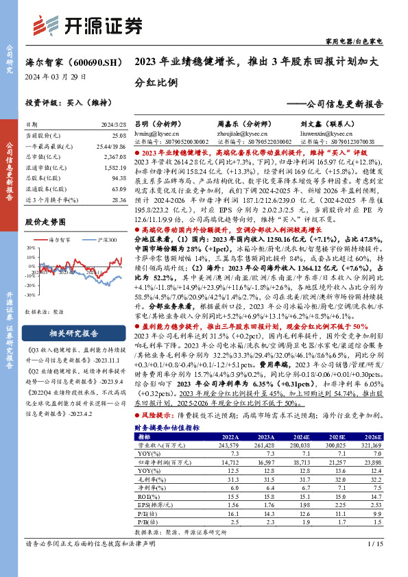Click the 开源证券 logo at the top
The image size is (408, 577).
pyautogui.click(x=93, y=26)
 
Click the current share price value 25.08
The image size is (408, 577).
pyautogui.click(x=119, y=136)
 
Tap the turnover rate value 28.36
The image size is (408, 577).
pyautogui.click(x=119, y=199)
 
